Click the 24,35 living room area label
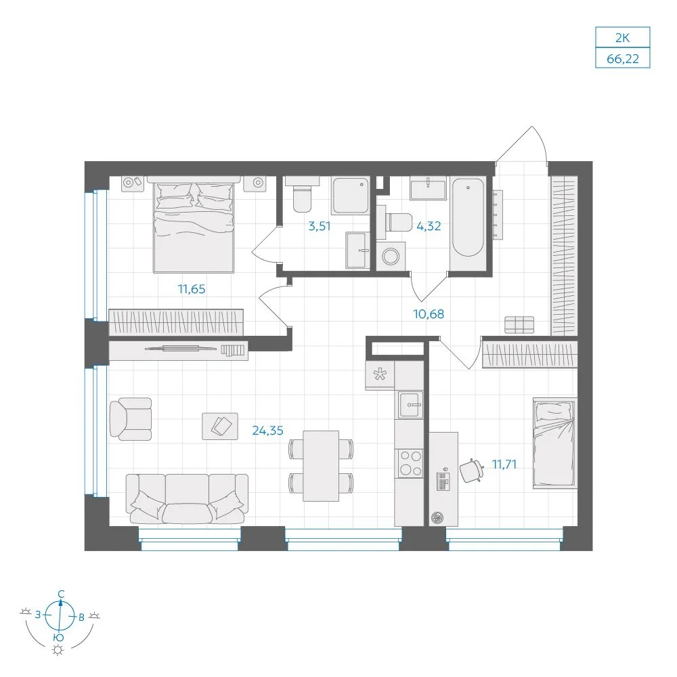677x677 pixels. click(x=267, y=431)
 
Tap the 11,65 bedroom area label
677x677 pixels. click(x=192, y=289)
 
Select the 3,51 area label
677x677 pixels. click(x=319, y=226)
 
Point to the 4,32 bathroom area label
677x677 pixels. click(x=429, y=226)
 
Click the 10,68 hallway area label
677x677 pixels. click(x=429, y=314)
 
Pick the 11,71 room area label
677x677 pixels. click(x=504, y=464)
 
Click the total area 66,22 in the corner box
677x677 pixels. click(x=623, y=58)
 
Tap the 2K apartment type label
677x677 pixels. click(x=623, y=38)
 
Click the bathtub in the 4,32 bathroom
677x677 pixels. click(x=468, y=217)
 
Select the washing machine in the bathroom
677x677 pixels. click(x=391, y=256)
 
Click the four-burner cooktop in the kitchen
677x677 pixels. click(x=410, y=463)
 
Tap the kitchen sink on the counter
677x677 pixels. click(x=410, y=405)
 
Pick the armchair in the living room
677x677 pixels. click(x=131, y=419)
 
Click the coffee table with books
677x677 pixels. click(x=220, y=426)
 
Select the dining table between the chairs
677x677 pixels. click(x=321, y=466)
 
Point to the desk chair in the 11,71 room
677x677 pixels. click(x=471, y=471)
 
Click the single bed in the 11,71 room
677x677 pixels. click(x=555, y=443)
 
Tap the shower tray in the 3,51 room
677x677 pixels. click(x=351, y=195)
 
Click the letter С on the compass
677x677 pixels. click(x=62, y=594)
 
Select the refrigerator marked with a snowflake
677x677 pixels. click(x=380, y=374)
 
